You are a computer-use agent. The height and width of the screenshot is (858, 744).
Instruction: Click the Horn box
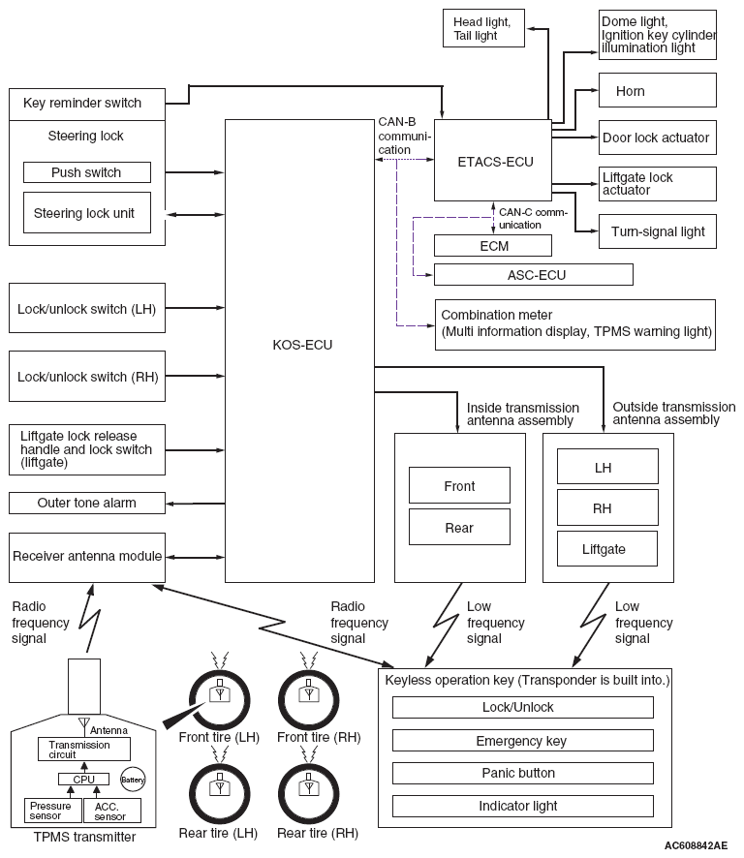coord(657,90)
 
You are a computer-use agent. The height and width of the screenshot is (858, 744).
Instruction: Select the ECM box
coord(493,246)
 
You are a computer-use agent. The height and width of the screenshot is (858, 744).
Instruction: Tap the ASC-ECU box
coord(533,275)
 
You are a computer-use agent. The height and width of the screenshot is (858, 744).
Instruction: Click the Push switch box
coord(86,172)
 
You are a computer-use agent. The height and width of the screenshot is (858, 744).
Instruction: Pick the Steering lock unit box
coord(86,213)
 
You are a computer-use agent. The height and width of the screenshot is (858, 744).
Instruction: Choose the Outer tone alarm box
coord(86,503)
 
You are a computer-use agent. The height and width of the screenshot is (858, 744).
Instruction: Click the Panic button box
coord(523,773)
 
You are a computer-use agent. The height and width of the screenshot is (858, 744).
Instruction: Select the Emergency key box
coord(523,741)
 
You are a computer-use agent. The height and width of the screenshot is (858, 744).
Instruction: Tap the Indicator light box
coord(523,806)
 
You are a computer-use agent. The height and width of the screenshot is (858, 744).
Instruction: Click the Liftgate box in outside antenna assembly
coord(607,548)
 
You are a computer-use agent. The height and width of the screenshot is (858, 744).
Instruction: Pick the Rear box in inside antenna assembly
coord(459,527)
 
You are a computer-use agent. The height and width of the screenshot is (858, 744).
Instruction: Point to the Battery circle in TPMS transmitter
coord(133,780)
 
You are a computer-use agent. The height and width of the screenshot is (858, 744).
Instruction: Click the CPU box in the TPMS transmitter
coord(83,779)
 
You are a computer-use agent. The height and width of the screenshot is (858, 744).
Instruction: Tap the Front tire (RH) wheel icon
coord(309,700)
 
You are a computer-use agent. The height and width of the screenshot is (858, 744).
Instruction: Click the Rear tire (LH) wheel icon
coord(220,793)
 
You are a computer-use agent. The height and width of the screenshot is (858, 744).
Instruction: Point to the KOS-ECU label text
coord(302,345)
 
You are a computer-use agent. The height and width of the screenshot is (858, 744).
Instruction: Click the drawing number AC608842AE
coord(696,846)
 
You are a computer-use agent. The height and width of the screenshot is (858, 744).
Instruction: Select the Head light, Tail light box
coord(483,28)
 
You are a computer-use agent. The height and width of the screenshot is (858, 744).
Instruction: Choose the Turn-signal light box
coord(657,231)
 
